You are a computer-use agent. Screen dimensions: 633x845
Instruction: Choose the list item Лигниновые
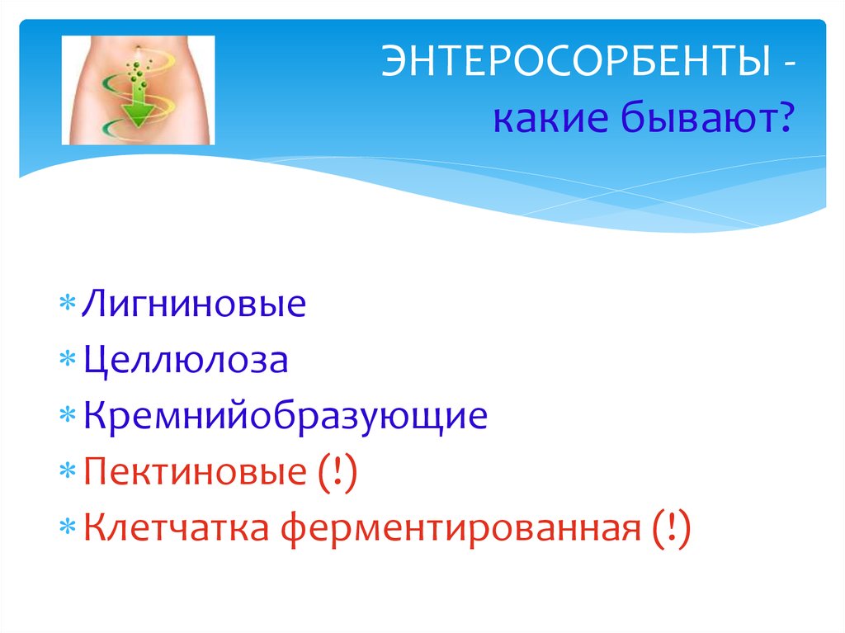click(x=193, y=305)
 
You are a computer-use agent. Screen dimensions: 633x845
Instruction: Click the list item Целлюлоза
click(x=185, y=361)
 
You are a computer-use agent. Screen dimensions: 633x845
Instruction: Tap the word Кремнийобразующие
click(x=284, y=417)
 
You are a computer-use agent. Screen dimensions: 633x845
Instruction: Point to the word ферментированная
click(x=458, y=529)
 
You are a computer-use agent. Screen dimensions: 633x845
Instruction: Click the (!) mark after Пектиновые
click(x=334, y=474)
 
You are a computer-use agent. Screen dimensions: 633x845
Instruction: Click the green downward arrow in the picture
click(x=139, y=108)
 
